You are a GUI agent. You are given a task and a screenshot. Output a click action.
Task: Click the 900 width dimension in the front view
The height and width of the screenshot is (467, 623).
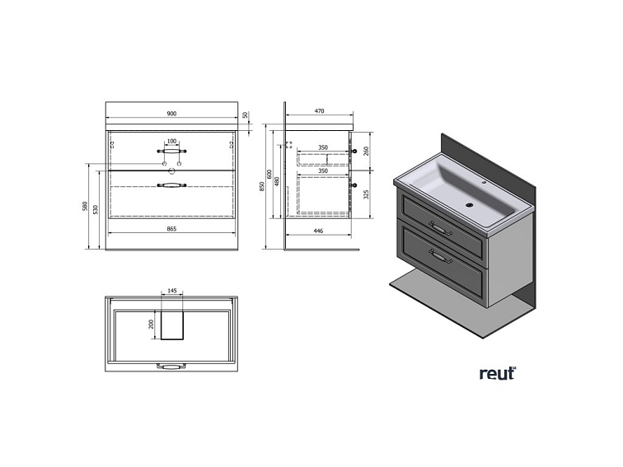pos(171,114)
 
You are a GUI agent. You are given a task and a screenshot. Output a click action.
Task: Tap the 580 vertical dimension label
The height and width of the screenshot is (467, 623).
pos(85,206)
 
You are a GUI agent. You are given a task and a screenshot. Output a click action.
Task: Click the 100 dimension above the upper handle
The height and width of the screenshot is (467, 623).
pos(171,142)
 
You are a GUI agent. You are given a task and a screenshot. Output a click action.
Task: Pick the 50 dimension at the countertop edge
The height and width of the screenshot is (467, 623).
pos(246,115)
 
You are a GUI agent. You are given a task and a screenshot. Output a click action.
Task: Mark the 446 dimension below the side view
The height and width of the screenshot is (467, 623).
pos(318,232)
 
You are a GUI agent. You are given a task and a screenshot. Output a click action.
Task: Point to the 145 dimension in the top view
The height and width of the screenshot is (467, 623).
pos(171,291)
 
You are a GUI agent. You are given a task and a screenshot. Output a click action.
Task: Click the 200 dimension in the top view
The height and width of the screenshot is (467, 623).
pos(152,324)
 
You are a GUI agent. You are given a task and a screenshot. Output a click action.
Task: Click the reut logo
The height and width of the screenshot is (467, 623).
pos(496,373)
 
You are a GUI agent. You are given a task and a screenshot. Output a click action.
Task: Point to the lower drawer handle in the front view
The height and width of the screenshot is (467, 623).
pos(171,187)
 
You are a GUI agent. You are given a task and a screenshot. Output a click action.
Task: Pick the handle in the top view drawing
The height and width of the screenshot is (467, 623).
pos(171,366)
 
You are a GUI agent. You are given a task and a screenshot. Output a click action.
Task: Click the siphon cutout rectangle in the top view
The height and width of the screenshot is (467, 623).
pos(171,325)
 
